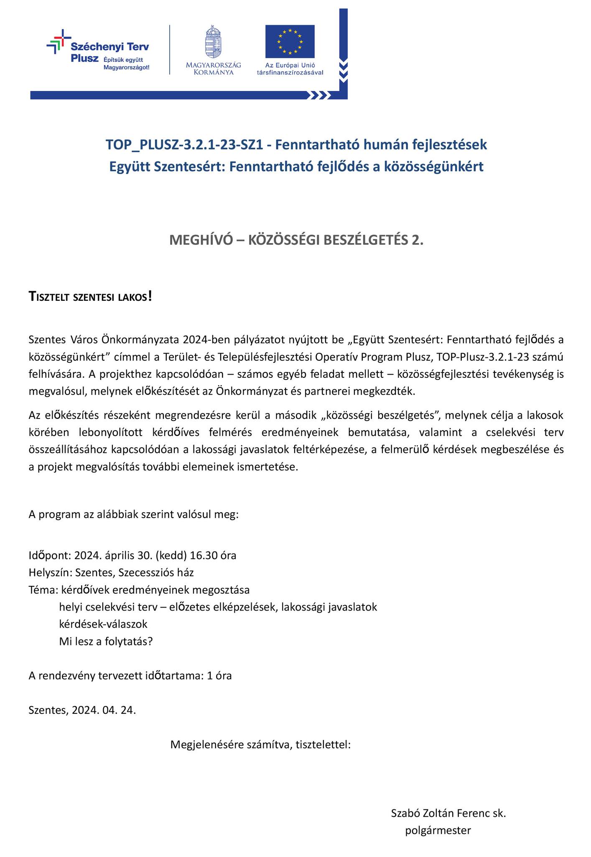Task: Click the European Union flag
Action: click(290, 41)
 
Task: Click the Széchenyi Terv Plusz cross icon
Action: click(59, 41)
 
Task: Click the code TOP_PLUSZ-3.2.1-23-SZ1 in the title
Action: click(183, 145)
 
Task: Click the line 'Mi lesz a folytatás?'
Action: click(106, 641)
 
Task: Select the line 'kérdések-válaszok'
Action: click(103, 624)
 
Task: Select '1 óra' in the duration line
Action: click(219, 676)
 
